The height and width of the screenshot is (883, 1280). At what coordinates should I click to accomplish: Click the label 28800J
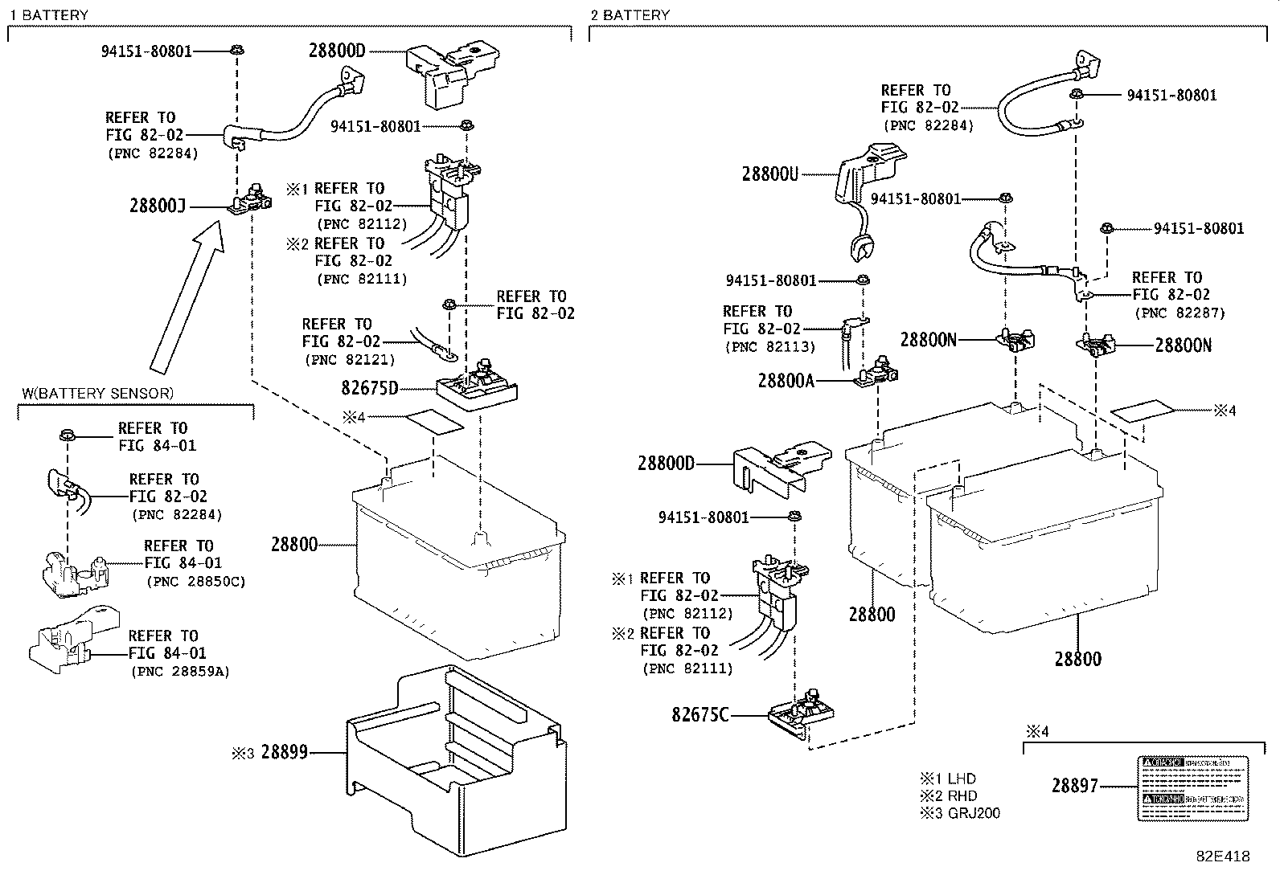coord(157,206)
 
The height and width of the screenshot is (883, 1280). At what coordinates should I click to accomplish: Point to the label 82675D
coord(369,389)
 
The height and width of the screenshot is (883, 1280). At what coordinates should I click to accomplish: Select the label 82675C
coord(699,713)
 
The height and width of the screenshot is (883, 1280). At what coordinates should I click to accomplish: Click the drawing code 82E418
coord(1223,856)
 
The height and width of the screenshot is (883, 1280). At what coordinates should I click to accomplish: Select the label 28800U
coord(769,174)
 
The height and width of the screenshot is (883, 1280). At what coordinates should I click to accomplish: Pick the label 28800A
coord(786,381)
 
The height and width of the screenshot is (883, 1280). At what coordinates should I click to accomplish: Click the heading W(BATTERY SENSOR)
coord(97,393)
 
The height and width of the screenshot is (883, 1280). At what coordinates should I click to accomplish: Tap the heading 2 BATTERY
coord(630,14)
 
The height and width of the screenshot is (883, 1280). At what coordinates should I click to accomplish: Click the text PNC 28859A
coord(179,671)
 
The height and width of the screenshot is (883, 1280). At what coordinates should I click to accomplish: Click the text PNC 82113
coord(769,347)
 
